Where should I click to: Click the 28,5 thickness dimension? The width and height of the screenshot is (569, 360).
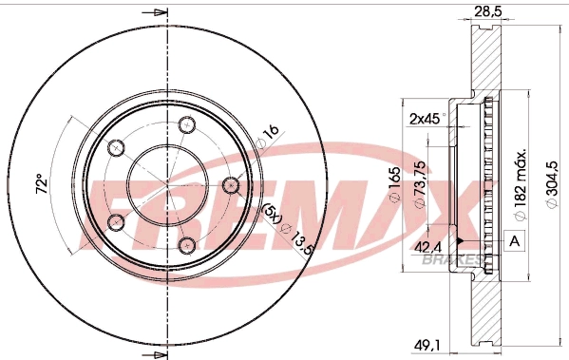[x=487, y=11]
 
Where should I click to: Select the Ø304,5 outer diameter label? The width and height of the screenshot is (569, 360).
[x=552, y=184]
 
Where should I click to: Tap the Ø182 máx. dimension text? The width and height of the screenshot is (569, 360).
[x=520, y=184]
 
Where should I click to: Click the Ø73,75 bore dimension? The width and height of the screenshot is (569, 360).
[x=420, y=184]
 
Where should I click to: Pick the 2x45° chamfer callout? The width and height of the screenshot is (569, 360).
[x=427, y=119]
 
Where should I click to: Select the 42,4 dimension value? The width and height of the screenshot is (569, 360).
[x=427, y=248]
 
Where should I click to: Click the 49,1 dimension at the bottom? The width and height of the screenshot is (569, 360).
[x=427, y=345]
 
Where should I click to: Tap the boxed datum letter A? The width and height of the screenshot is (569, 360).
[x=514, y=241]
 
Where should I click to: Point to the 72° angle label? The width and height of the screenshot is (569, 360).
[x=42, y=184]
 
